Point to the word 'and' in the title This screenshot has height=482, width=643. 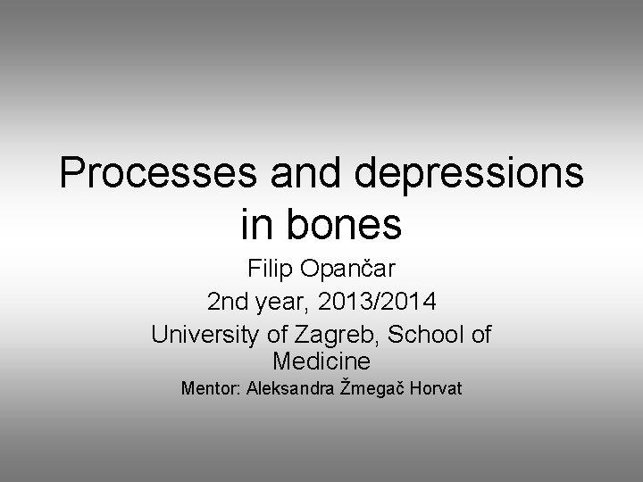tap(306, 174)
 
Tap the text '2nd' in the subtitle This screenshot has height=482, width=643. tap(228, 303)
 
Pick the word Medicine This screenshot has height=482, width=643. tap(321, 362)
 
